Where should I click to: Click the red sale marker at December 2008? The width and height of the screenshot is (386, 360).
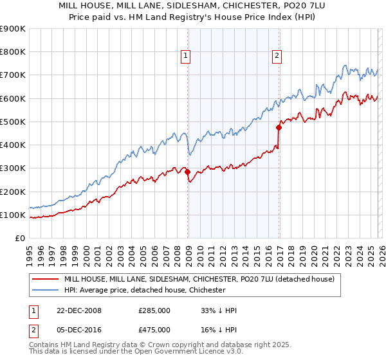[x=187, y=172]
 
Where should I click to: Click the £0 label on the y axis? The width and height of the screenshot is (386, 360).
[x=19, y=238]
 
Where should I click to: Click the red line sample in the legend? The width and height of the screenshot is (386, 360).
[x=45, y=279]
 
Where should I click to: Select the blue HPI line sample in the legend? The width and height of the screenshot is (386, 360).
[x=45, y=290]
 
